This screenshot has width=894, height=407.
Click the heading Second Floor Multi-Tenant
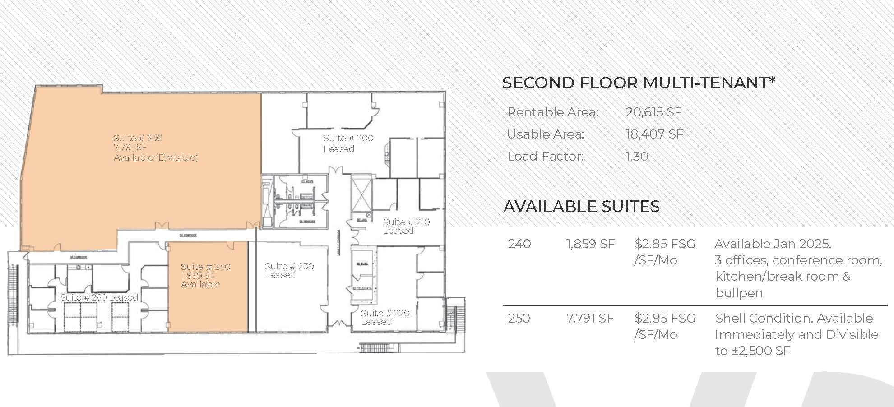click(x=638, y=83)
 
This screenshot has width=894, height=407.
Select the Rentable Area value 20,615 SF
click(x=653, y=112)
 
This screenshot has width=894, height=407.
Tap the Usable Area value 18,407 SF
click(x=654, y=134)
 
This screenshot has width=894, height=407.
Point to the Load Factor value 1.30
click(x=637, y=157)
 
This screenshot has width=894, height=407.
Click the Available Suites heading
click(x=581, y=207)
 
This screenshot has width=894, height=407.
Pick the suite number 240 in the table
click(x=519, y=244)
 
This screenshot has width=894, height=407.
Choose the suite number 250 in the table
click(x=519, y=319)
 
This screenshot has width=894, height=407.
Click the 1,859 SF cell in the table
click(x=590, y=244)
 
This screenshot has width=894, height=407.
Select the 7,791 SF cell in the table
click(x=590, y=319)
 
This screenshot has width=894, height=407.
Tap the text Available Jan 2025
click(x=773, y=244)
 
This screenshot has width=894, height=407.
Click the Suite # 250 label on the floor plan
click(x=138, y=139)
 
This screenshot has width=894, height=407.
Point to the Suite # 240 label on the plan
click(x=205, y=267)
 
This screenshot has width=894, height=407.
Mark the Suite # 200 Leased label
click(x=348, y=143)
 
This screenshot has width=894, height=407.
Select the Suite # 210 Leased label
click(x=406, y=226)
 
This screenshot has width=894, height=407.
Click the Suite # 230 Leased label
click(x=289, y=270)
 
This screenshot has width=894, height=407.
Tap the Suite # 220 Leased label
click(x=385, y=317)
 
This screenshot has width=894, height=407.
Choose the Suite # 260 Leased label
click(x=99, y=297)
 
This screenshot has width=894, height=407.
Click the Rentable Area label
click(x=553, y=112)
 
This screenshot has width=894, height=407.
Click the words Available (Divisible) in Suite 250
click(x=156, y=157)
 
